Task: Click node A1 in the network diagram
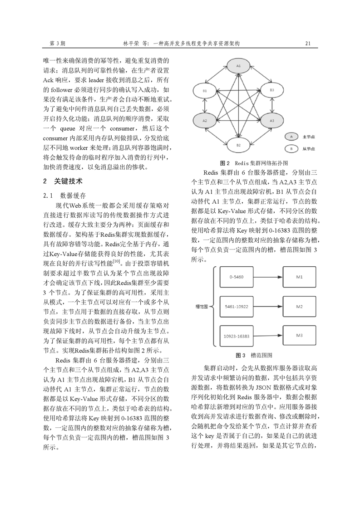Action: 239,66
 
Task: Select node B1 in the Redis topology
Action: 205,91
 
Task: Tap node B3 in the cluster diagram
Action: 272,91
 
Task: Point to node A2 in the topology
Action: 205,121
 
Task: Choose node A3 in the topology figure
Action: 272,121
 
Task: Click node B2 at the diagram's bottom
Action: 238,145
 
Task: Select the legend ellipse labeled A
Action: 289,136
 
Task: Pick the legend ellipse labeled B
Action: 289,148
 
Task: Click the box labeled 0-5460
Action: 237,277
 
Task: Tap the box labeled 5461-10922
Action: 237,307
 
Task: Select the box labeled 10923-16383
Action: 237,336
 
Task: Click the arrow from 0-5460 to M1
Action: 268,277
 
